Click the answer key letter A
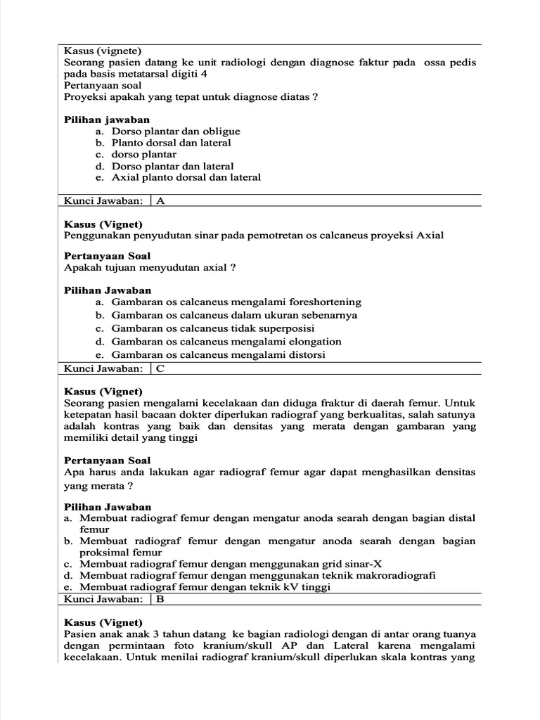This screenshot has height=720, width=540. (161, 200)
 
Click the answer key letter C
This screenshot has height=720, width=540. (161, 368)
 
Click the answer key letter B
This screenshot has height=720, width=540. (161, 599)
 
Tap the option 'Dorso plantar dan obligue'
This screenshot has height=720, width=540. (176, 131)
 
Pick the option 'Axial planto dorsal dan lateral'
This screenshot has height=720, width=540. (186, 177)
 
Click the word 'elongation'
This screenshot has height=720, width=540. (312, 342)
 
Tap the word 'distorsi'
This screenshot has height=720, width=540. (304, 355)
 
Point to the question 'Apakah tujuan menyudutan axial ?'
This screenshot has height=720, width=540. (150, 268)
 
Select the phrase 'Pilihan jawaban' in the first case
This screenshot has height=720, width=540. (107, 120)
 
